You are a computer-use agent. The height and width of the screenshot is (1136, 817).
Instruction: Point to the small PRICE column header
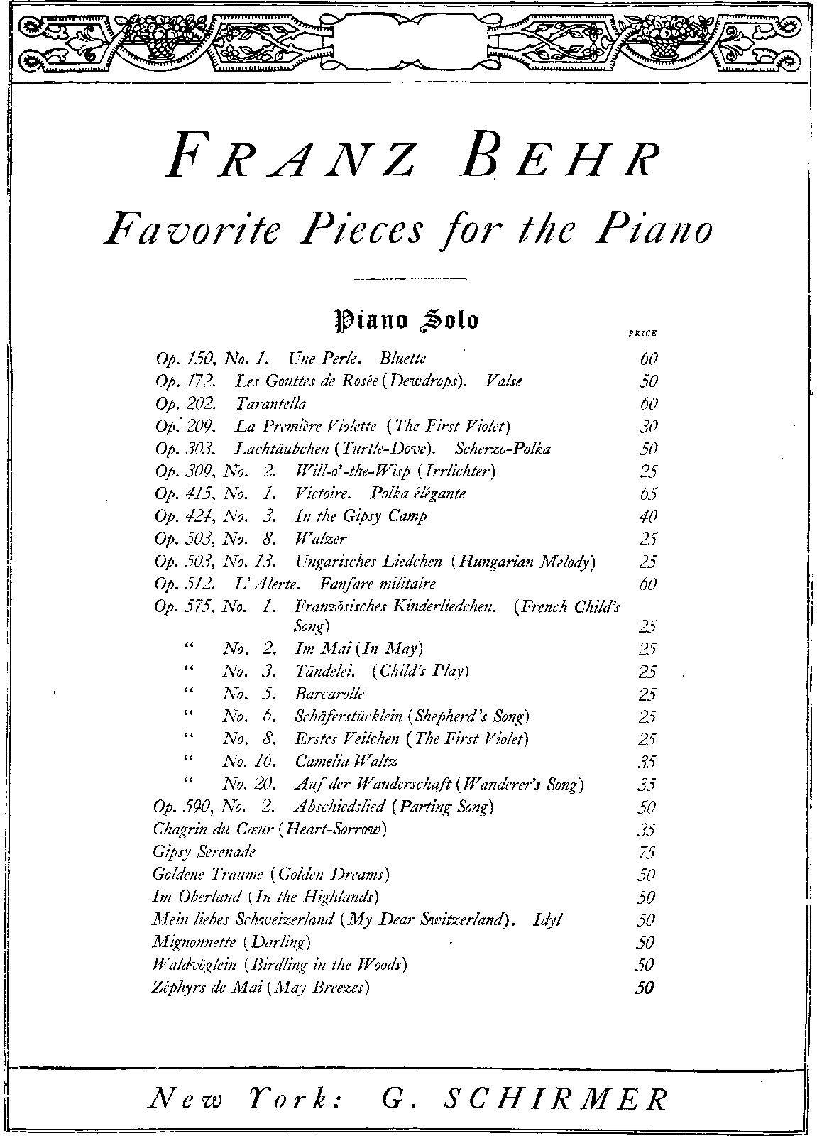click(x=643, y=333)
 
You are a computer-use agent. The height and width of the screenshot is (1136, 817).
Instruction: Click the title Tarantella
click(x=270, y=403)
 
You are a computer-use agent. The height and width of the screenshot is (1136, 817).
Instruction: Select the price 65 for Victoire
click(x=648, y=494)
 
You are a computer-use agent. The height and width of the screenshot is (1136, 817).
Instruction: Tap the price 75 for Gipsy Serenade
click(x=647, y=852)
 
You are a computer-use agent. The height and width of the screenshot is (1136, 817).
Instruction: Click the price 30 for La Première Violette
click(x=648, y=426)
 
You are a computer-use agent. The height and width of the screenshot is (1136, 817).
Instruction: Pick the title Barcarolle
click(x=329, y=694)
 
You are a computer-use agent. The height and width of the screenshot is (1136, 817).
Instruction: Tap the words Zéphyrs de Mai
click(x=207, y=988)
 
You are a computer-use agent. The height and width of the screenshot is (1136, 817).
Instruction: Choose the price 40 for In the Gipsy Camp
click(x=648, y=517)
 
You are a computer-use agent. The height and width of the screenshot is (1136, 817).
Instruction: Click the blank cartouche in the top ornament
click(x=408, y=40)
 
